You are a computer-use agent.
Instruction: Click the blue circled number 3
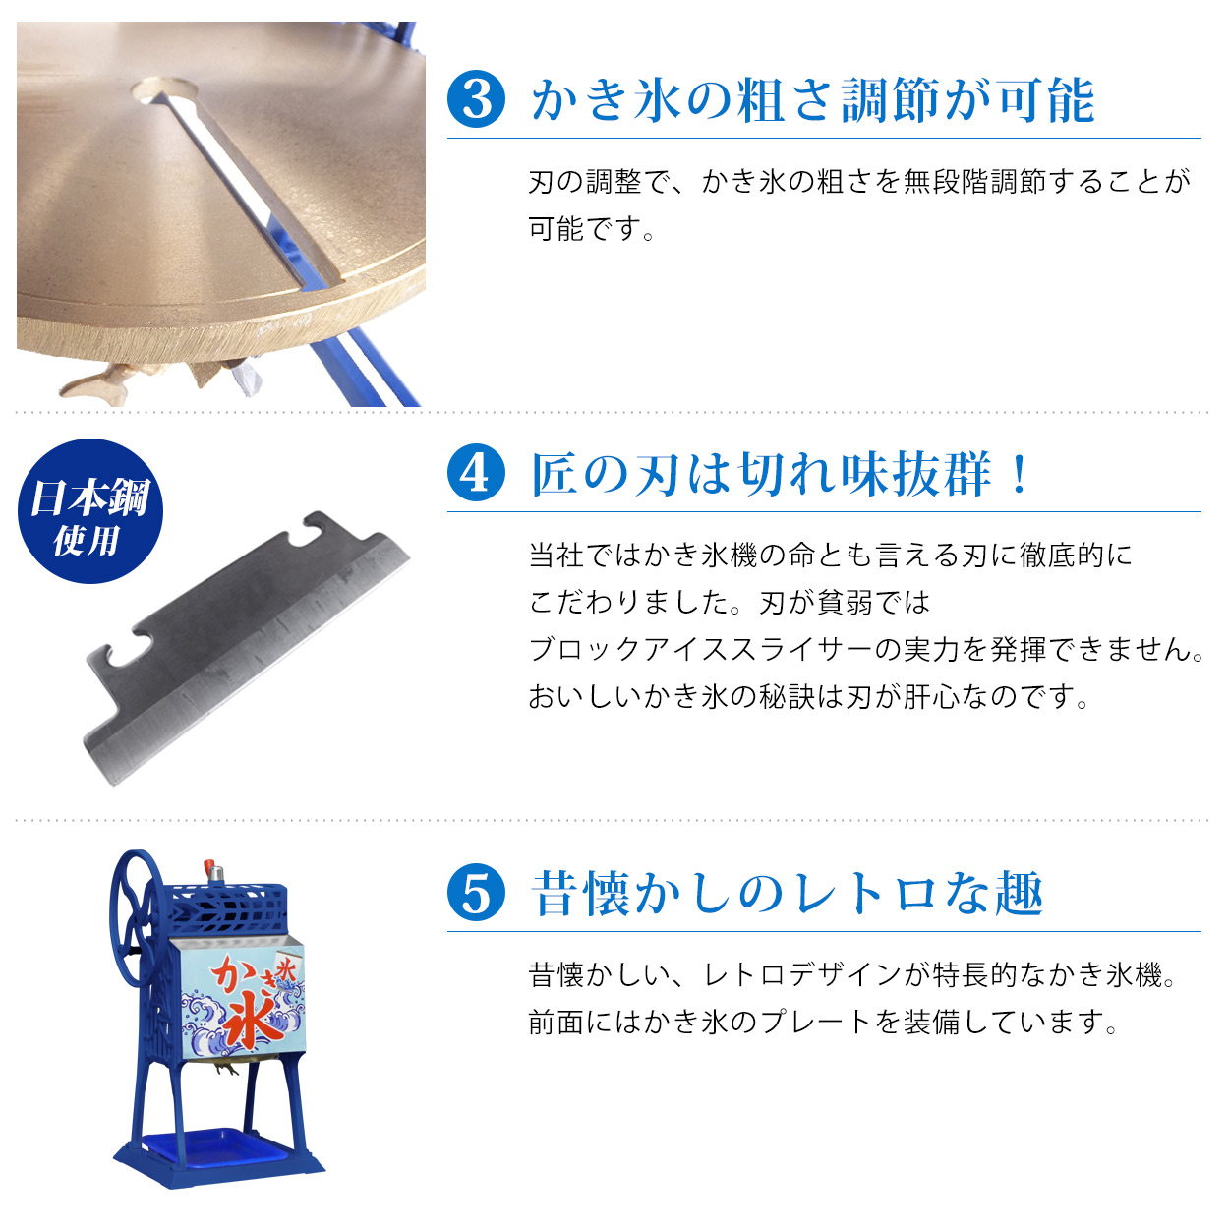click(x=477, y=99)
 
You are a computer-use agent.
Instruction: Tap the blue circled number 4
click(x=477, y=473)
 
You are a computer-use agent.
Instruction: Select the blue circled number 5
click(x=477, y=893)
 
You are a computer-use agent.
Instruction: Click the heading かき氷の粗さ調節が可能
click(x=812, y=100)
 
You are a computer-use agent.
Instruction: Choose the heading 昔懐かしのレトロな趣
click(x=787, y=894)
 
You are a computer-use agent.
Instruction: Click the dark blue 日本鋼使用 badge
click(x=89, y=511)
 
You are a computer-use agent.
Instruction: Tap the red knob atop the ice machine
click(x=209, y=869)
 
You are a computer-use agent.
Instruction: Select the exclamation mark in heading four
click(x=1020, y=474)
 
